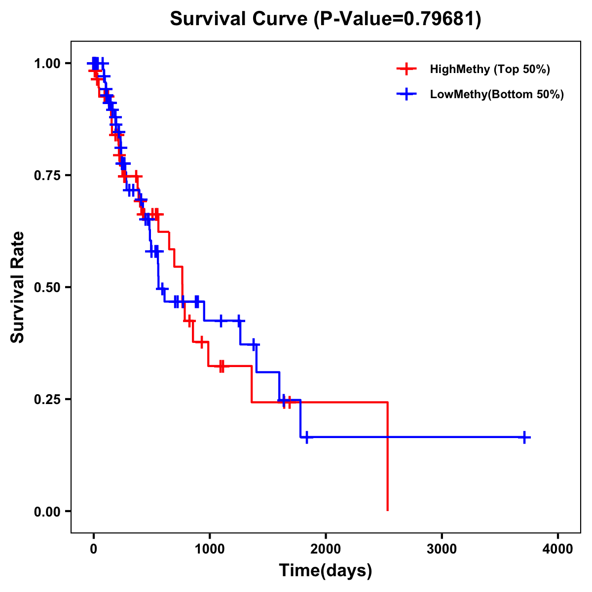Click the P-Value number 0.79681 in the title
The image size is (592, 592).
[x=441, y=19]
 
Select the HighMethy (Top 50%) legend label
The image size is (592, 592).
[x=490, y=69]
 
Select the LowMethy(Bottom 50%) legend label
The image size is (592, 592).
[x=497, y=94]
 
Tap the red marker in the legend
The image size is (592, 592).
[x=406, y=69]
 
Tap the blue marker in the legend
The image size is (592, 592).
[x=406, y=94]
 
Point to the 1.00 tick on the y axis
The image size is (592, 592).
[x=47, y=64]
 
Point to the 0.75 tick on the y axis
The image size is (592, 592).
[x=47, y=176]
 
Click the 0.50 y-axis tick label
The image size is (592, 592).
[x=47, y=287]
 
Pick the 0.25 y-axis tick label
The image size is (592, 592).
[x=47, y=399]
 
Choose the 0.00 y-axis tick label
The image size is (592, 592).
[x=47, y=511]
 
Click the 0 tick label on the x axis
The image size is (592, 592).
[x=93, y=549]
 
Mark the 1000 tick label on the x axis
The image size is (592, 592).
[x=210, y=549]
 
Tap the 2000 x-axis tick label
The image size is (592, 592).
[x=326, y=549]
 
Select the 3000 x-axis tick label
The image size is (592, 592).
[x=442, y=549]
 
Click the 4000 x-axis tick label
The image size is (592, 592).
[x=558, y=549]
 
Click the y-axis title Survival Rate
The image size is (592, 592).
[x=18, y=287]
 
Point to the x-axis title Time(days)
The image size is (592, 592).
[x=326, y=571]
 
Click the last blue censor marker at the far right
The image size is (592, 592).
[x=525, y=437]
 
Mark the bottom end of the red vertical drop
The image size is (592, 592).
[x=388, y=510]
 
